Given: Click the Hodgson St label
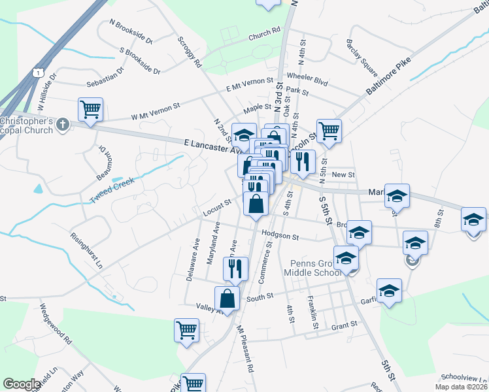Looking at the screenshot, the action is coord(279,236).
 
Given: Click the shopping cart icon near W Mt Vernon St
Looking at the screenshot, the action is coord(90,110).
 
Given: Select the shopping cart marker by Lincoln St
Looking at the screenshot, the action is coord(329,131).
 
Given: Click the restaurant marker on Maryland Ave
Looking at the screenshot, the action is coord(235,268).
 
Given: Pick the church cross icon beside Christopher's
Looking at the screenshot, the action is coord(62,124).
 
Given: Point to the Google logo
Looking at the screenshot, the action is coord(22,384).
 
